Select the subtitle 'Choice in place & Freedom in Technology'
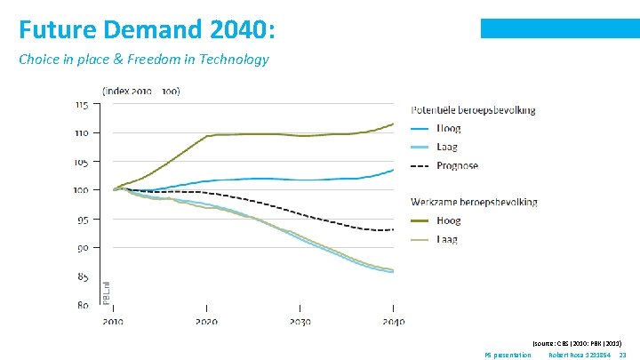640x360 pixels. (143, 60)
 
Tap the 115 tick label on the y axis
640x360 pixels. (81, 104)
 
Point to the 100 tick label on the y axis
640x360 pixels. (81, 190)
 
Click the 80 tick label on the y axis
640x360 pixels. (82, 305)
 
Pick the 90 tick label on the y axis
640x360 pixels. (82, 248)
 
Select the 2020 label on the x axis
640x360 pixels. (206, 322)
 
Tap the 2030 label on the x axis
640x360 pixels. (300, 322)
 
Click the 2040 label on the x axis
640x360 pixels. (392, 322)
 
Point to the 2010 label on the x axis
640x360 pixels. (113, 322)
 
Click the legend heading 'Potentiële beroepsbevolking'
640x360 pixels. (473, 110)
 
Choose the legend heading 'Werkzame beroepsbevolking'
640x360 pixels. (474, 202)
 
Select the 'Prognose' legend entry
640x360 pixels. (457, 165)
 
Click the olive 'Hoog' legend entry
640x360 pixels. (449, 220)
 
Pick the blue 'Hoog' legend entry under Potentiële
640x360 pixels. (449, 129)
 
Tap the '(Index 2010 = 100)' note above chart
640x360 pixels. (141, 91)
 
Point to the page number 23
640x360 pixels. (622, 355)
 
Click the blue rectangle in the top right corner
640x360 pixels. (560, 28)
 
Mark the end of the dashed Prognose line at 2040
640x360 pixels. (393, 230)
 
